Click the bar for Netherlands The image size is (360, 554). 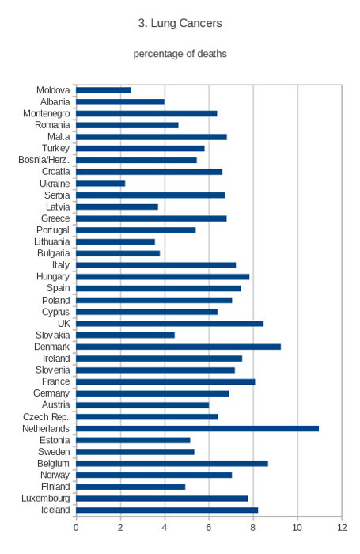click(197, 429)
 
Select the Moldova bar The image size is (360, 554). click(104, 90)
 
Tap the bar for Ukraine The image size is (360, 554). click(100, 184)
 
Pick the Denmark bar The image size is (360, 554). click(178, 347)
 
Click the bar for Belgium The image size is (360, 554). click(172, 464)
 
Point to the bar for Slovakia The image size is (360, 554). click(125, 335)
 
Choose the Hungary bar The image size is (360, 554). click(162, 277)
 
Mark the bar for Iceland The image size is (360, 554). click(167, 510)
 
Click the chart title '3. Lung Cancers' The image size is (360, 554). click(180, 23)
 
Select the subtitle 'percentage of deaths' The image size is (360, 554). click(180, 54)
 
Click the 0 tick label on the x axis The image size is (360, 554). click(76, 528)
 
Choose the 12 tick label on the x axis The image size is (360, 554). click(342, 528)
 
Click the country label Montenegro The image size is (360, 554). click(46, 113)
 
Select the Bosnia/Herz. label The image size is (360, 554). click(44, 160)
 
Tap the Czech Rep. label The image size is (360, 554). click(46, 417)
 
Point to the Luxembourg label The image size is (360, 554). click(46, 499)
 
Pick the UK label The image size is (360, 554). click(64, 323)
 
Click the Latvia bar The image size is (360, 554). click(117, 207)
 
